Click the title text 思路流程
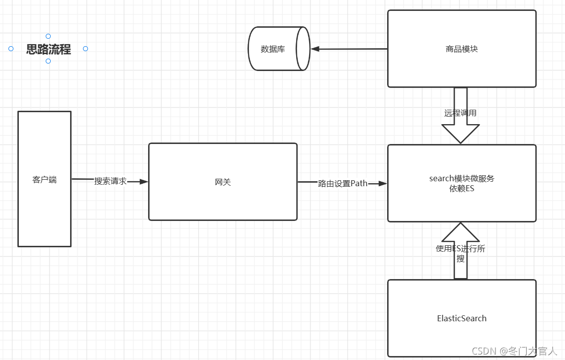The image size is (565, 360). [48, 49]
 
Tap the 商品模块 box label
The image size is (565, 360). [462, 49]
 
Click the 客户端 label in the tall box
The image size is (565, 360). [44, 179]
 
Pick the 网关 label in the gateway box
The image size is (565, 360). [223, 182]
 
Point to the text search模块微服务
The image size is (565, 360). [462, 178]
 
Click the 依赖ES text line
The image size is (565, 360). [462, 189]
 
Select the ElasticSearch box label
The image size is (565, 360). [462, 318]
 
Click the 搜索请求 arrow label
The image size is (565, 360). [110, 181]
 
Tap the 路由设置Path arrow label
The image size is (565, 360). [342, 183]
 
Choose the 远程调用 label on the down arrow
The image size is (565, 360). [460, 113]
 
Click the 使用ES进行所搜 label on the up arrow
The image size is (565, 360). [460, 253]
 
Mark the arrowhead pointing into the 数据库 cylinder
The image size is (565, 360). [315, 49]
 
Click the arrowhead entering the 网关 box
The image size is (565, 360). [144, 182]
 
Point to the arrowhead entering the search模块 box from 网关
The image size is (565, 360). [383, 183]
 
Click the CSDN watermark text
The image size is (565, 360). [514, 351]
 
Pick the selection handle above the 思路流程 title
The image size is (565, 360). [48, 36]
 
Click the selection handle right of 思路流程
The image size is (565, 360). [85, 49]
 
